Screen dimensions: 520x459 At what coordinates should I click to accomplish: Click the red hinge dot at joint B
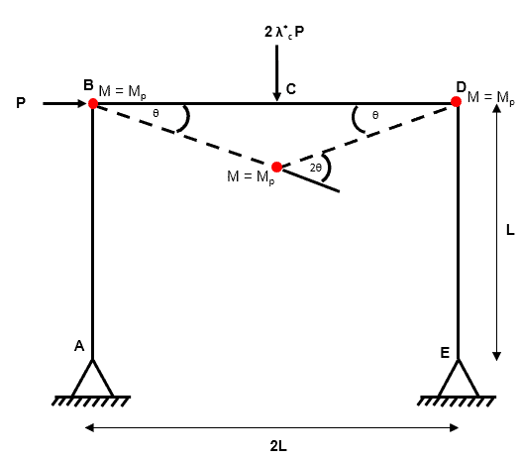click(x=93, y=103)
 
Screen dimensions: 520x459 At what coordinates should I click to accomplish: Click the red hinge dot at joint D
click(x=456, y=101)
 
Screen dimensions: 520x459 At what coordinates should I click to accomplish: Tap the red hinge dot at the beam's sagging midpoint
click(x=276, y=167)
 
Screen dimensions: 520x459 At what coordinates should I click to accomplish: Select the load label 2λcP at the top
click(x=284, y=32)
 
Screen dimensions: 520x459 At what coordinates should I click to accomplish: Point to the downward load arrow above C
click(x=276, y=73)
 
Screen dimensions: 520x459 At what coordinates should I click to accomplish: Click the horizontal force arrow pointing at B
click(x=64, y=103)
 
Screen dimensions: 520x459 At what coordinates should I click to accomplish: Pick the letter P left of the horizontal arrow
click(x=21, y=103)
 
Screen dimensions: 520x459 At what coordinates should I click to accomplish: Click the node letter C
click(x=291, y=89)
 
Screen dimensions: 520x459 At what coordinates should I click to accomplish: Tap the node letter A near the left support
click(x=79, y=346)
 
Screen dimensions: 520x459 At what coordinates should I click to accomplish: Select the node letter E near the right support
click(x=445, y=353)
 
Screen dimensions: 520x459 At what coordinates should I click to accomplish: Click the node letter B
click(x=88, y=85)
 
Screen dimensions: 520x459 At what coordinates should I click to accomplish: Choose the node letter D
click(x=461, y=87)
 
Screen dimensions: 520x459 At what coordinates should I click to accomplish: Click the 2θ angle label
click(x=316, y=168)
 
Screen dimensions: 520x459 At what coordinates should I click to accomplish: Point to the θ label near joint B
click(x=156, y=113)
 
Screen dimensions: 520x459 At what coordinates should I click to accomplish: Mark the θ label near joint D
click(x=375, y=115)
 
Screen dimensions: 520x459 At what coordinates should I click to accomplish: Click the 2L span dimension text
click(x=278, y=446)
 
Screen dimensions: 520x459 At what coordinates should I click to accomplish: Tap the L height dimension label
click(x=510, y=230)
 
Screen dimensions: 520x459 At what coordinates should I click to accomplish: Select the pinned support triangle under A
click(x=92, y=379)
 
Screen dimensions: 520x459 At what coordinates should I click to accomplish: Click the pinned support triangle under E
click(x=459, y=379)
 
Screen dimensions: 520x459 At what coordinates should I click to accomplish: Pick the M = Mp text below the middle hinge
click(x=251, y=176)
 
